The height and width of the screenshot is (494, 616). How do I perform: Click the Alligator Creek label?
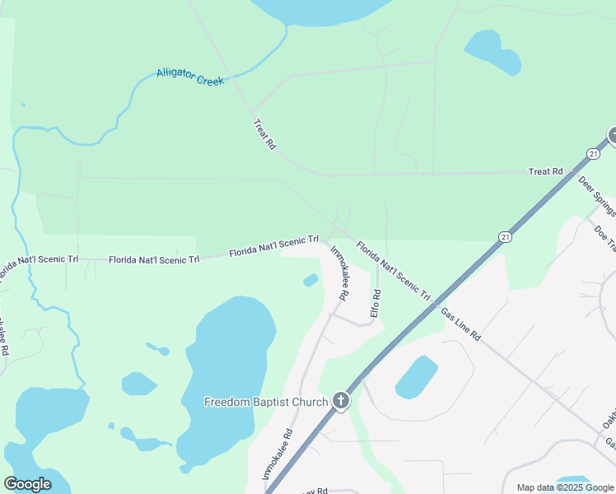pos(190,77)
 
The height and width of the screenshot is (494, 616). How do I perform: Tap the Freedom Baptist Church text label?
pos(265,403)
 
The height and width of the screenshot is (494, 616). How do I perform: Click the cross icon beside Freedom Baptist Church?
pos(341,402)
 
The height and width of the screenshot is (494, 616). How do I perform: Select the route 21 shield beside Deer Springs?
pos(593,154)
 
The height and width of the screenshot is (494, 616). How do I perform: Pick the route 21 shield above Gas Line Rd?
pos(503,236)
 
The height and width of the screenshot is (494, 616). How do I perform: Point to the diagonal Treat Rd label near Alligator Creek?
pos(264,133)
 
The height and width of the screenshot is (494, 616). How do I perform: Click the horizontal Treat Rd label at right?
pos(545,171)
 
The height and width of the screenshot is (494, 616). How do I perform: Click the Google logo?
pos(27,484)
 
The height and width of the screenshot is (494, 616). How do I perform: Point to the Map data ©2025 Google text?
pos(564,487)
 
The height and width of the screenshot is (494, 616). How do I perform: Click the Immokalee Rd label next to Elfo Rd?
pos(339,272)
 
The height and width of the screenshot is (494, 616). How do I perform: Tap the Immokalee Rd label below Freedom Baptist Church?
pos(278,454)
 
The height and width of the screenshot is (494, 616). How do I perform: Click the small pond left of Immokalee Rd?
pos(310,281)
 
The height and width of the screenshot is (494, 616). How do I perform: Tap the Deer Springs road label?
pos(596,196)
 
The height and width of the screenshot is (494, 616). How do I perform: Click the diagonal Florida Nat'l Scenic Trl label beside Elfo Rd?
pos(394,269)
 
